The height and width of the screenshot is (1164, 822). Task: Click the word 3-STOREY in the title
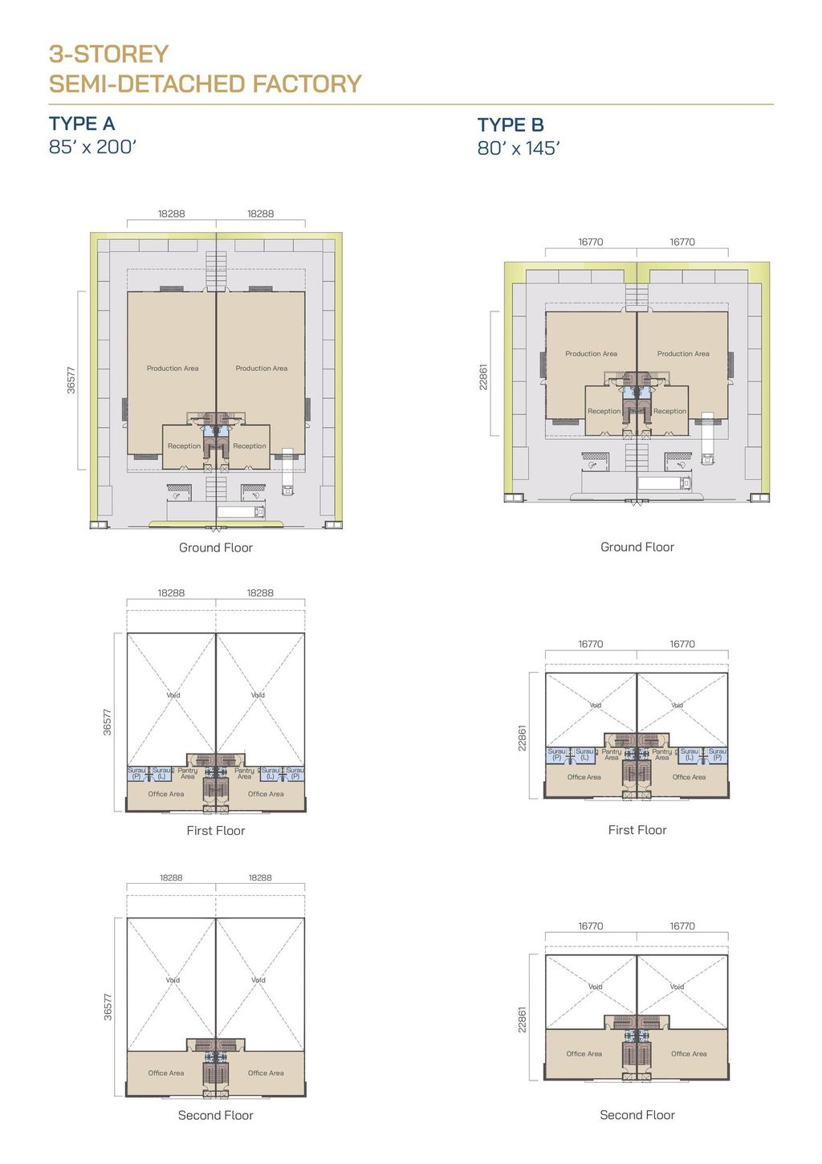pyautogui.click(x=108, y=54)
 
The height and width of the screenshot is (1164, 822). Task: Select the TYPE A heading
pyautogui.click(x=82, y=124)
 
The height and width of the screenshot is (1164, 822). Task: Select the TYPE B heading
pyautogui.click(x=511, y=125)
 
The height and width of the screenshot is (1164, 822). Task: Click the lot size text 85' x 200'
pyautogui.click(x=93, y=147)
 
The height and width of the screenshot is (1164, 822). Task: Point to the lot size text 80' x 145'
pyautogui.click(x=519, y=149)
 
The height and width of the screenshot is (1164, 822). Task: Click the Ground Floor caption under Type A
pyautogui.click(x=215, y=547)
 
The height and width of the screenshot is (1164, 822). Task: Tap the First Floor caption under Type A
pyautogui.click(x=215, y=831)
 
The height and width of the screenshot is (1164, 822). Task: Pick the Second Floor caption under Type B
pyautogui.click(x=637, y=1115)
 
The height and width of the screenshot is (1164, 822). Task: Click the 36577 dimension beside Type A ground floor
pyautogui.click(x=71, y=380)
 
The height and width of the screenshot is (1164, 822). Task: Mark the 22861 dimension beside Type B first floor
pyautogui.click(x=522, y=738)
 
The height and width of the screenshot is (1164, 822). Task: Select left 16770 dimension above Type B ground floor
pyautogui.click(x=591, y=242)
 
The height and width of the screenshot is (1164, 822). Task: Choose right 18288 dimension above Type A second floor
pyautogui.click(x=260, y=877)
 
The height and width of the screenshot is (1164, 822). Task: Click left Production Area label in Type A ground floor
pyautogui.click(x=173, y=368)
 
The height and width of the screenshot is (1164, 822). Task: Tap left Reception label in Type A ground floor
pyautogui.click(x=184, y=446)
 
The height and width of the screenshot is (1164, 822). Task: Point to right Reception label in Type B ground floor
pyautogui.click(x=669, y=411)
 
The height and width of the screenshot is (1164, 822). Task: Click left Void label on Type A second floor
pyautogui.click(x=173, y=980)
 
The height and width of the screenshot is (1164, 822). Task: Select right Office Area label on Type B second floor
pyautogui.click(x=689, y=1054)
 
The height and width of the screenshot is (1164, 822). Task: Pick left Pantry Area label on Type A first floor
pyautogui.click(x=188, y=773)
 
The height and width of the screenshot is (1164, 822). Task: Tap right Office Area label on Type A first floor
pyautogui.click(x=266, y=794)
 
